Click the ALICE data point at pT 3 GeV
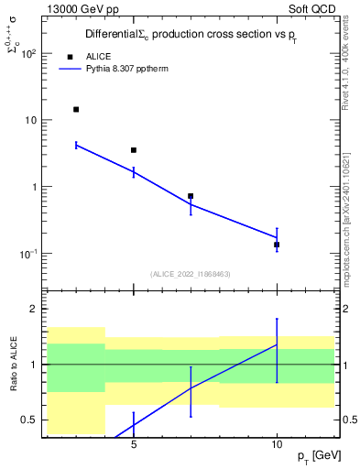tap(76, 109)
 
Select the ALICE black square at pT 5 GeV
tap(134, 150)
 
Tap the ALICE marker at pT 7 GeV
tap(191, 196)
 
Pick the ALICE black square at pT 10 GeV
tap(277, 245)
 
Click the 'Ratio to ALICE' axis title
tap(13, 365)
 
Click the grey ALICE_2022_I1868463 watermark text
tap(191, 273)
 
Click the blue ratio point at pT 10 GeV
tap(277, 344)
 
